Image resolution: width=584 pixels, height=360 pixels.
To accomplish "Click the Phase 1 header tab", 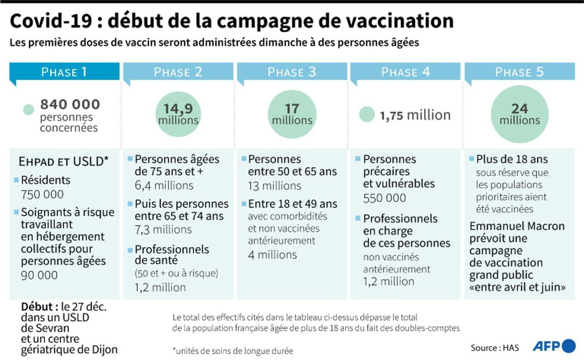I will (x=64, y=72).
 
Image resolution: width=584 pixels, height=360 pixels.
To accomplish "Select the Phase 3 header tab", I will (x=291, y=72).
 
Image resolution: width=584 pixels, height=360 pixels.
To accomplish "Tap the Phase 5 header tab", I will (x=519, y=72).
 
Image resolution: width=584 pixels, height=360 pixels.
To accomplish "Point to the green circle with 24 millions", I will (x=519, y=114).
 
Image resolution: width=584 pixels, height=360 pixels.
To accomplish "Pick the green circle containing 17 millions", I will (x=292, y=114).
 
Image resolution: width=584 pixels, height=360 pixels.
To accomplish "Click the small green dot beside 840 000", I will (x=29, y=109).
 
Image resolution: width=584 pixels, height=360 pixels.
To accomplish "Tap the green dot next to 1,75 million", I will (x=367, y=115).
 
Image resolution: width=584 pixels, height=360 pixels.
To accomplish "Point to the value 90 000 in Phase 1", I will (x=40, y=275).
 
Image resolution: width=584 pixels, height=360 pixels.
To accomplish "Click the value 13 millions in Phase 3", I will (x=274, y=186).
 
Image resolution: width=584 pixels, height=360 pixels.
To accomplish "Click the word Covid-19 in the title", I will (x=50, y=21).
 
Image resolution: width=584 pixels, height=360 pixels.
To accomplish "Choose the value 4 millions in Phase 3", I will (x=272, y=255).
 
